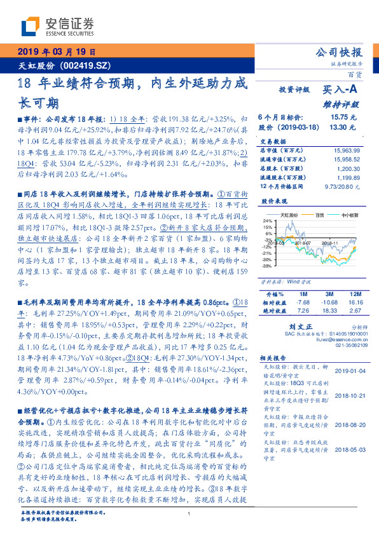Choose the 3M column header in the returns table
(329, 294)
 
